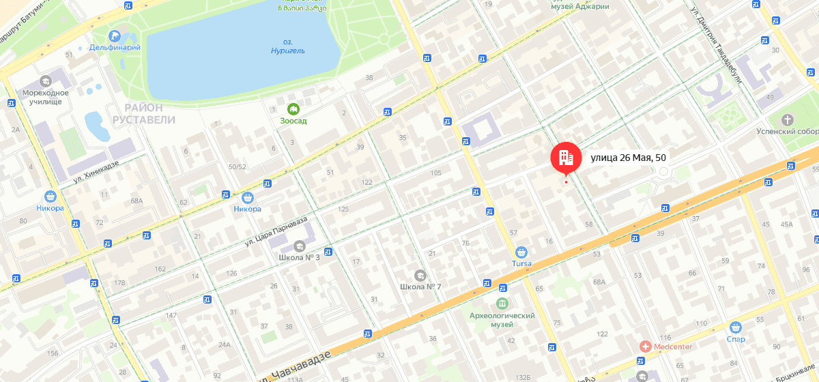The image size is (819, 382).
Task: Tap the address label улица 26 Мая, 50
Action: coord(628,158)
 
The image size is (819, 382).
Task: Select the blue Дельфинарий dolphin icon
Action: coord(115,35)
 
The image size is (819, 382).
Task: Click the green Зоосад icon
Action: coord(293,108)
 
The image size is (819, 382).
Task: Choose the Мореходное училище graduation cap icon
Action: coord(46,80)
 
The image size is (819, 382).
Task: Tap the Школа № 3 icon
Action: coord(299,246)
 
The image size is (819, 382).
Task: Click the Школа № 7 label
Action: coord(420,286)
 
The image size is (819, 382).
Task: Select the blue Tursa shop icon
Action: coord(521,252)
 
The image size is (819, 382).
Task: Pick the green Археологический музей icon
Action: coord(502,303)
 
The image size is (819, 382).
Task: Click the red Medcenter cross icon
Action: coord(645,347)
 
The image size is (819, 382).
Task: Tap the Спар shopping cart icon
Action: coord(736,327)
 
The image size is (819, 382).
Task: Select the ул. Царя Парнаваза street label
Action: coord(276,231)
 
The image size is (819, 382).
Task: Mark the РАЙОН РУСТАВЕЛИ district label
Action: coord(144,113)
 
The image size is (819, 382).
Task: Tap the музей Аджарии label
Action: coord(579,7)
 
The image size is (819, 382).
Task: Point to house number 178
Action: coord(120,283)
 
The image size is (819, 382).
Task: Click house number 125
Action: coord(343,209)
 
